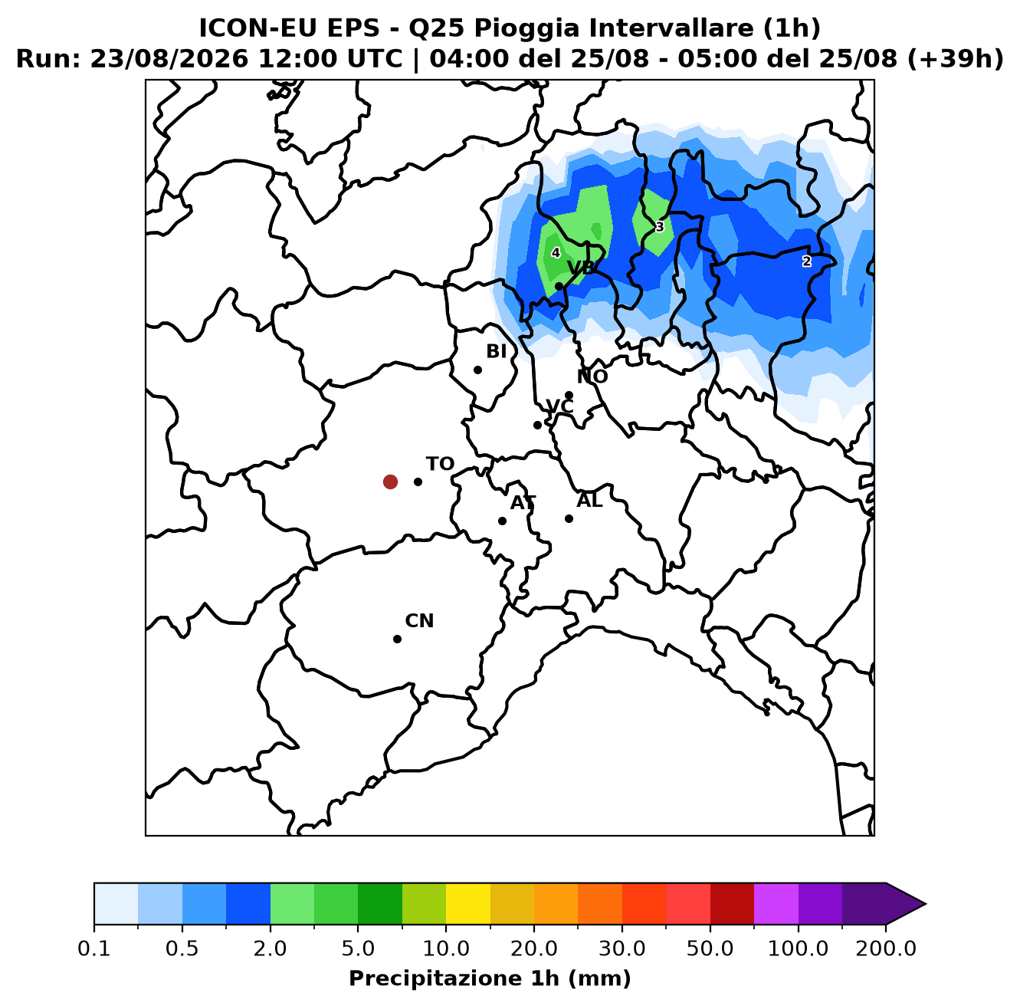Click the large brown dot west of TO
click(x=390, y=482)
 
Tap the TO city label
click(x=441, y=464)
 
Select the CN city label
click(x=419, y=621)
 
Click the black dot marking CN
click(x=397, y=639)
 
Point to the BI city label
click(x=497, y=351)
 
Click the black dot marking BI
click(x=477, y=370)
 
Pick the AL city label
click(x=589, y=501)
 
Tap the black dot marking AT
click(x=502, y=521)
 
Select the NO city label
click(x=592, y=376)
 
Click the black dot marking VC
click(x=537, y=426)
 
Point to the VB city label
click(x=581, y=268)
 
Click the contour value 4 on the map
click(x=556, y=253)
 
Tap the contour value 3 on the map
click(x=660, y=227)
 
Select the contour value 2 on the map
click(x=807, y=261)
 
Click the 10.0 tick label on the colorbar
click(x=446, y=948)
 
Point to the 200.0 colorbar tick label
click(x=886, y=948)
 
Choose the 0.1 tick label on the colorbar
click(x=94, y=948)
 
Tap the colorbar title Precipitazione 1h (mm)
click(x=490, y=978)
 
